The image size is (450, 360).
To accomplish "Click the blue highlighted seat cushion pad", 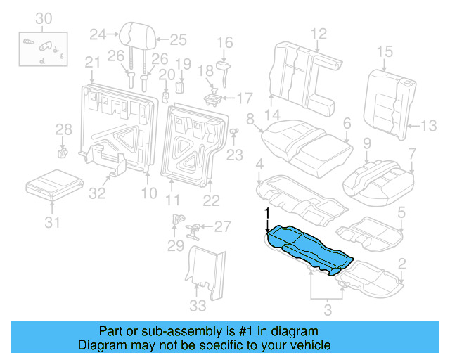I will pos(306,248).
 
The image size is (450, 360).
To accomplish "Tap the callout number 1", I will pos(266,213).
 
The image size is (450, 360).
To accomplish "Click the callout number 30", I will pos(44,18).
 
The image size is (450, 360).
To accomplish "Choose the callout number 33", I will pos(198,305).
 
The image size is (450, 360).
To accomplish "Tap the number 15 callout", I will pos(384,51).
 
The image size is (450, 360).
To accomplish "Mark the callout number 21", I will pos(93,63).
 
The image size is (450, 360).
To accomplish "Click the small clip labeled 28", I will pos(62,151).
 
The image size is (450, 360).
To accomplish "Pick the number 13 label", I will pos(429,126).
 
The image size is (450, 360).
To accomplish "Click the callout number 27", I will pos(222,226).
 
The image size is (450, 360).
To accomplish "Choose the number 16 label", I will pos(224,44).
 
